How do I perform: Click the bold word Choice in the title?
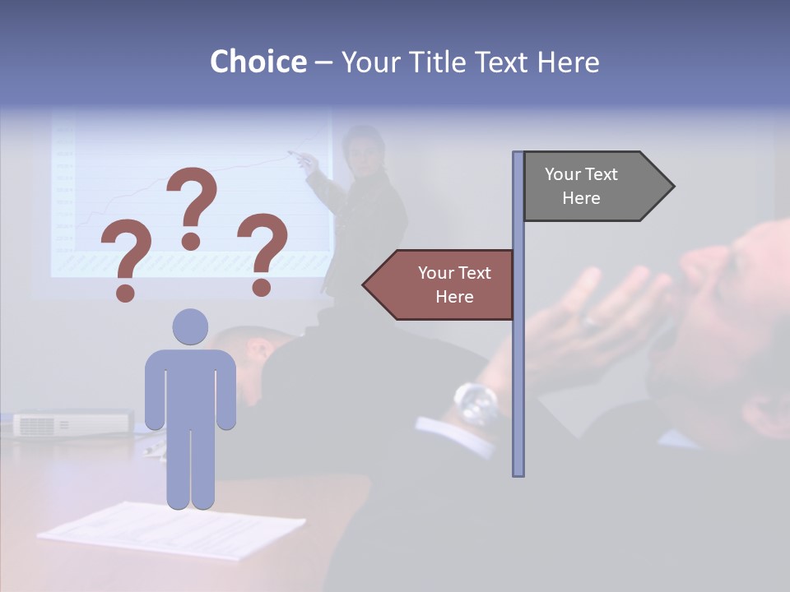[x=258, y=62]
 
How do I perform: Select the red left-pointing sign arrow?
[x=440, y=284]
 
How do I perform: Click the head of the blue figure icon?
[x=190, y=326]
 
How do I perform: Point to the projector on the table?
[x=72, y=423]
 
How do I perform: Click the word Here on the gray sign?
[x=581, y=198]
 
